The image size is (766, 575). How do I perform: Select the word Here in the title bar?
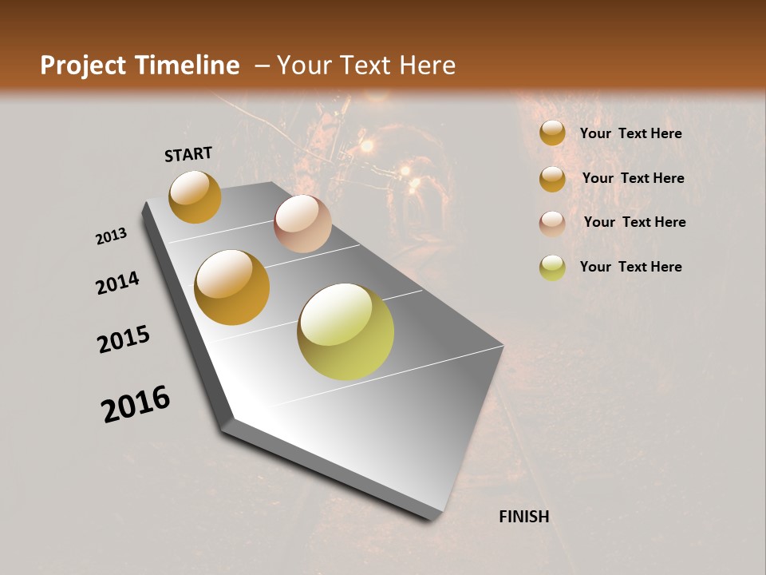click(427, 65)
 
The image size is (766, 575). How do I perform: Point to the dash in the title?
click(261, 66)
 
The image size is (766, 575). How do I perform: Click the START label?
click(188, 154)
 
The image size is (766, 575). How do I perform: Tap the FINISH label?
click(524, 517)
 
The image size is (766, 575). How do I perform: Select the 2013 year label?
click(112, 236)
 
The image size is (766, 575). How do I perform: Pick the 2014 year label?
click(117, 284)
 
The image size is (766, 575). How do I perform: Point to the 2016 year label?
click(136, 404)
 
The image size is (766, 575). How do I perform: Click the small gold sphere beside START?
click(195, 196)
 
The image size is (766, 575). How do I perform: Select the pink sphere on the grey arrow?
click(302, 223)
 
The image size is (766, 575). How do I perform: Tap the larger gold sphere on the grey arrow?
click(232, 287)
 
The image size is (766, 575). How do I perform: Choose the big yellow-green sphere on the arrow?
click(345, 331)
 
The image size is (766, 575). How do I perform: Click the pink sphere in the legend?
click(552, 224)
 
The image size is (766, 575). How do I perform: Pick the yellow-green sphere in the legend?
click(552, 268)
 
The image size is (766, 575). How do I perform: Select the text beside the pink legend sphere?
click(634, 222)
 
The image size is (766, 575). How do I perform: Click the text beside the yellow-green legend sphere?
click(630, 267)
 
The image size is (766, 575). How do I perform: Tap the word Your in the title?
click(302, 65)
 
